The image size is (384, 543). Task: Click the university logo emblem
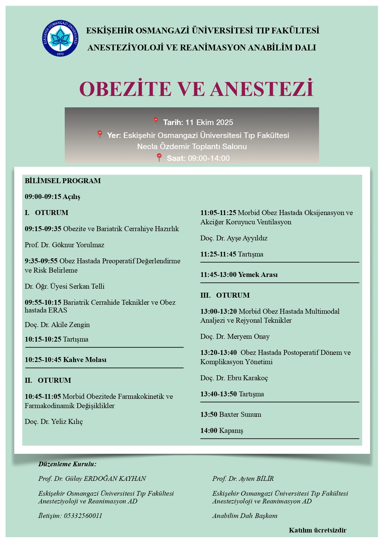(x=60, y=38)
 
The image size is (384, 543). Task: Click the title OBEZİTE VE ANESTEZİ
(x=196, y=89)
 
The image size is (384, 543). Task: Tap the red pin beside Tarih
(x=155, y=122)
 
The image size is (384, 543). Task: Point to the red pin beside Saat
(x=159, y=157)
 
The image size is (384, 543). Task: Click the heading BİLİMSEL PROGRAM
(x=63, y=181)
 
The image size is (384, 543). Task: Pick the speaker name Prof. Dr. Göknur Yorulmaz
(x=64, y=245)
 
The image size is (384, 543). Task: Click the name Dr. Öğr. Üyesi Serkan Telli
(x=64, y=287)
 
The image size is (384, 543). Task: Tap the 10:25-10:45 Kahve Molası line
(x=66, y=360)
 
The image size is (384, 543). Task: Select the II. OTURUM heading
(x=48, y=381)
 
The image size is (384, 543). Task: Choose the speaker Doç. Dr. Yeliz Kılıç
(x=54, y=422)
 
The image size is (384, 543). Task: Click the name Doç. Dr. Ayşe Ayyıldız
(x=234, y=238)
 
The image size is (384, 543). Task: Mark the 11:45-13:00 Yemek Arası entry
(x=239, y=275)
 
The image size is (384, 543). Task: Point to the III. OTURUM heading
(x=225, y=295)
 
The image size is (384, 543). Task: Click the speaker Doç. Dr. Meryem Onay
(x=235, y=337)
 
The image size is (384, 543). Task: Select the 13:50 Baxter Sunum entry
(x=231, y=415)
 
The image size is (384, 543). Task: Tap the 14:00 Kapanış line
(x=222, y=431)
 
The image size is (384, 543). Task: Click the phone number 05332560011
(x=83, y=516)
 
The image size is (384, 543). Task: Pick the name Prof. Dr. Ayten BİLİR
(x=243, y=479)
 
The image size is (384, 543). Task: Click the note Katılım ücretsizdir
(x=317, y=530)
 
